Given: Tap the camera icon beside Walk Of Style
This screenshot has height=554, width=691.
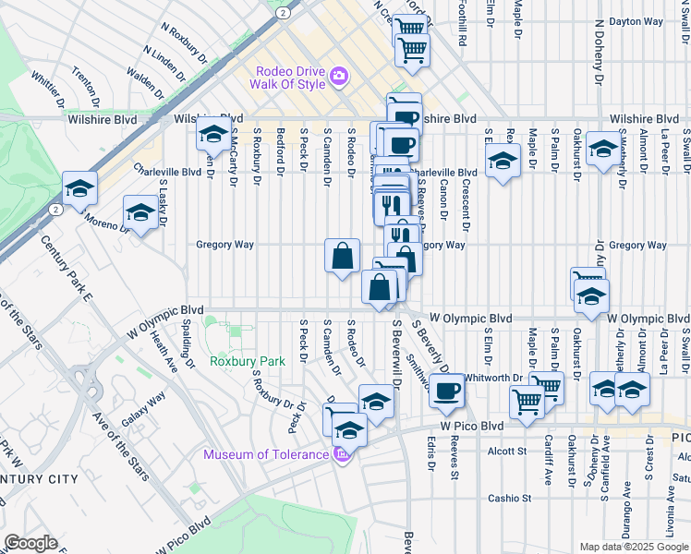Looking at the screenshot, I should [x=338, y=76].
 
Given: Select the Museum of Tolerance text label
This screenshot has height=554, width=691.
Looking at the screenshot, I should [x=266, y=454].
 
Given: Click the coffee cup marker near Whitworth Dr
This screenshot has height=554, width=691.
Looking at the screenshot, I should [x=446, y=390].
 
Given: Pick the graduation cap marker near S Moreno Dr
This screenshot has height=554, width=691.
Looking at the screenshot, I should [x=140, y=212].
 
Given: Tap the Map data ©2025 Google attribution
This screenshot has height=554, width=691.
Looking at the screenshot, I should [x=634, y=547].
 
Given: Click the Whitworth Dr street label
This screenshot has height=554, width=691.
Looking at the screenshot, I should [x=493, y=378].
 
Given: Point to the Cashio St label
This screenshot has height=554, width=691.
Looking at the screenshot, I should [x=510, y=498].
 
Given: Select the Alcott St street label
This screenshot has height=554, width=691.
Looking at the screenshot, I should [x=506, y=452].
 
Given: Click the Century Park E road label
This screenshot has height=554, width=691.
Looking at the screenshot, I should [x=67, y=269].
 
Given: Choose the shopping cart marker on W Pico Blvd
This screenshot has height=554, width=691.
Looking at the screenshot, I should [x=526, y=402].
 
